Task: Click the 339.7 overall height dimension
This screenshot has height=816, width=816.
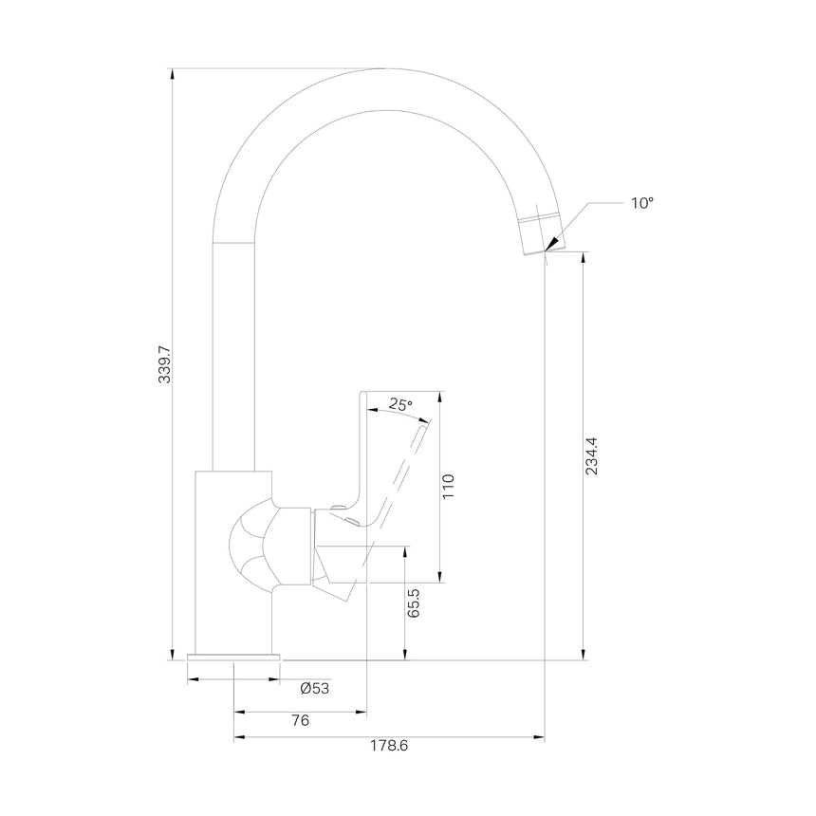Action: point(164,362)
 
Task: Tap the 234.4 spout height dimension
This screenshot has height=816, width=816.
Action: point(592,455)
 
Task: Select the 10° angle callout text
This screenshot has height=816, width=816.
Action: point(642,203)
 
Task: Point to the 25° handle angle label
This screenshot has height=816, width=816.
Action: point(400,404)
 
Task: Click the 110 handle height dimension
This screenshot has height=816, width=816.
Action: point(448,486)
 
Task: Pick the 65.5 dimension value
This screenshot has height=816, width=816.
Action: point(413,603)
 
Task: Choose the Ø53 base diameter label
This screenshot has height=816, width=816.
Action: point(315,689)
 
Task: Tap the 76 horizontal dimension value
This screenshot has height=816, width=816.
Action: point(301,720)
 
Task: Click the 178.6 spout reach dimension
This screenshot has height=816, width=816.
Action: point(389,745)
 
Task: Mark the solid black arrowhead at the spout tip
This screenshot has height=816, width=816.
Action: point(551,244)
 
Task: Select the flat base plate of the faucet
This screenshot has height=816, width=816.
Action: point(233,658)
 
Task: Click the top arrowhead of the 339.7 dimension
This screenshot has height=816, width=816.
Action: point(173,74)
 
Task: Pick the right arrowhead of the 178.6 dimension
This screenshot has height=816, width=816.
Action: point(539,737)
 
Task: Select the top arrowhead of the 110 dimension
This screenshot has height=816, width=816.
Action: point(440,397)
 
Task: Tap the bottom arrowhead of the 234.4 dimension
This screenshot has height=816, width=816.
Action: point(583,654)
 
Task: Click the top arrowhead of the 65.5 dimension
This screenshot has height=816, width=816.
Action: point(404,552)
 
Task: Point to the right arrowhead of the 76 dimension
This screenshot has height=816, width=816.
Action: point(361,712)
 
